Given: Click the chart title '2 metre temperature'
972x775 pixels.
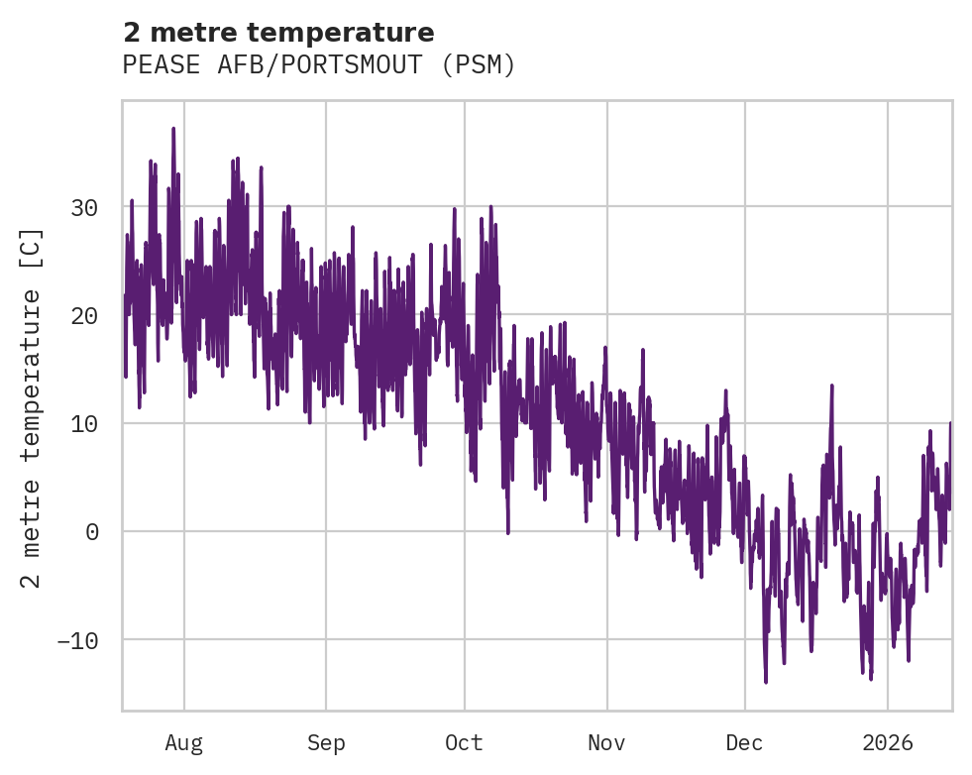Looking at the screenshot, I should pyautogui.click(x=278, y=33).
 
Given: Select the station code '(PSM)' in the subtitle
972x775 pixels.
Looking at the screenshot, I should pyautogui.click(x=479, y=65).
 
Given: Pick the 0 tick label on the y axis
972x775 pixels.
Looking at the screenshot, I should pyautogui.click(x=91, y=531).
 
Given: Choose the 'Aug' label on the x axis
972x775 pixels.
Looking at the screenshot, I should pyautogui.click(x=184, y=742).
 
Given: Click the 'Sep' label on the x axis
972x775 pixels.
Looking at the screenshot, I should pyautogui.click(x=326, y=742).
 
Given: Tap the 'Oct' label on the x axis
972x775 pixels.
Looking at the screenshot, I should pyautogui.click(x=464, y=742).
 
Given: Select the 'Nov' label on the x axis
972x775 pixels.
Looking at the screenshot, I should pyautogui.click(x=606, y=742).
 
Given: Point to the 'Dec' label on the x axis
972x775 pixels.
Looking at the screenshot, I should pyautogui.click(x=744, y=742).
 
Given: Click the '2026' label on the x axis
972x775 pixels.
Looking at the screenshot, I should pyautogui.click(x=888, y=742).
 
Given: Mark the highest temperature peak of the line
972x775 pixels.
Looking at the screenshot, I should pyautogui.click(x=173, y=129).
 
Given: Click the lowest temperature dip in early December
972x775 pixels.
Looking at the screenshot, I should pyautogui.click(x=766, y=681).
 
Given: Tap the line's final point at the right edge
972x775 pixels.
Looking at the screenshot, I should pyautogui.click(x=950, y=424).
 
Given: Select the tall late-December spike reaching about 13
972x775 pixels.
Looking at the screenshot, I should pyautogui.click(x=831, y=386).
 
